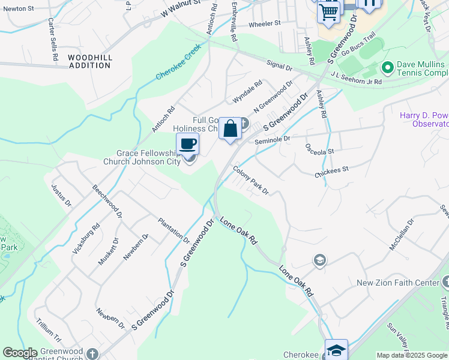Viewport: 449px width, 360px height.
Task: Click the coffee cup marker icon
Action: (x=188, y=144)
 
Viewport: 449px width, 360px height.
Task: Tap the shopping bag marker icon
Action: (x=230, y=128)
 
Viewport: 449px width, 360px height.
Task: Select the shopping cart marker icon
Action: (x=328, y=11)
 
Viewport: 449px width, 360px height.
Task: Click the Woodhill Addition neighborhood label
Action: (x=90, y=61)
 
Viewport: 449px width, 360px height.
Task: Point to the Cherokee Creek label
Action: (x=178, y=67)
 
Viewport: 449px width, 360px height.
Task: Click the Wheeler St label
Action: (x=265, y=23)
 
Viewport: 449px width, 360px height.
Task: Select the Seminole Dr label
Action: (x=273, y=139)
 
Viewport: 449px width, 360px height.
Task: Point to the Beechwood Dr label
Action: (x=107, y=201)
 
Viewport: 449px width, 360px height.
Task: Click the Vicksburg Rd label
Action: (x=86, y=240)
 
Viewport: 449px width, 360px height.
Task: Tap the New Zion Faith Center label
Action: (x=398, y=283)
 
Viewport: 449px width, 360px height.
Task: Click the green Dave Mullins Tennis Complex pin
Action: (x=387, y=67)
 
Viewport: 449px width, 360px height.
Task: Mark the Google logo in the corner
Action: (x=20, y=353)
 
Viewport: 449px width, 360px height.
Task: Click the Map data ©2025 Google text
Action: (x=412, y=355)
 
